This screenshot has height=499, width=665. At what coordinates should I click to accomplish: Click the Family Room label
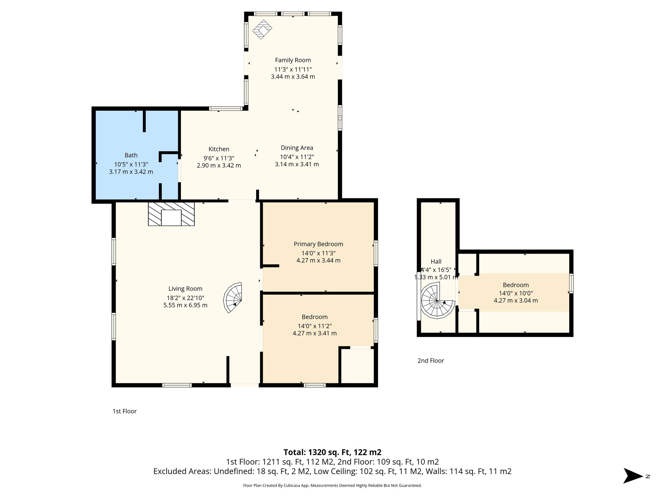click(293, 60)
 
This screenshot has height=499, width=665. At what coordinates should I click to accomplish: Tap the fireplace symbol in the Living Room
click(171, 214)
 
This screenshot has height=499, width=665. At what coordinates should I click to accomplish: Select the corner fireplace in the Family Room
click(262, 30)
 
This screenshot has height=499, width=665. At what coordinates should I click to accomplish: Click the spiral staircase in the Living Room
click(233, 297)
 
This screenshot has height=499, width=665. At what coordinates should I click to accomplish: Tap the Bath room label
click(131, 155)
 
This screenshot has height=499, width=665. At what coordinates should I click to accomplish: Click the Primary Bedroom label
click(318, 244)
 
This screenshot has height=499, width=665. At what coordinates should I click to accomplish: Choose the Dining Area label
click(297, 148)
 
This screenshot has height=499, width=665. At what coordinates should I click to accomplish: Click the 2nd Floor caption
click(431, 361)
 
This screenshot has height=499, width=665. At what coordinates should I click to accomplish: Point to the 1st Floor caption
click(124, 411)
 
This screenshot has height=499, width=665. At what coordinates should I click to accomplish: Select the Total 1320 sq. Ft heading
click(332, 452)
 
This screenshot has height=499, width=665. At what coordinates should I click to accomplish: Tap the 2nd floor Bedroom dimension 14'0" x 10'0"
click(516, 293)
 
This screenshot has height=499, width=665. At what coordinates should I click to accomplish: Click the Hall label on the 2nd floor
click(436, 262)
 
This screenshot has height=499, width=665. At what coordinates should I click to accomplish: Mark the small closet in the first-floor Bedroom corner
click(358, 366)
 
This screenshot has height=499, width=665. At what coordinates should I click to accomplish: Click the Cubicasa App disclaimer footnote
click(332, 486)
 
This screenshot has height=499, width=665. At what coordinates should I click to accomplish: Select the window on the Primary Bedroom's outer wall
click(376, 253)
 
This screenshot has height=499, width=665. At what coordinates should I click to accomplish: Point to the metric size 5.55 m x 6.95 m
click(185, 305)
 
